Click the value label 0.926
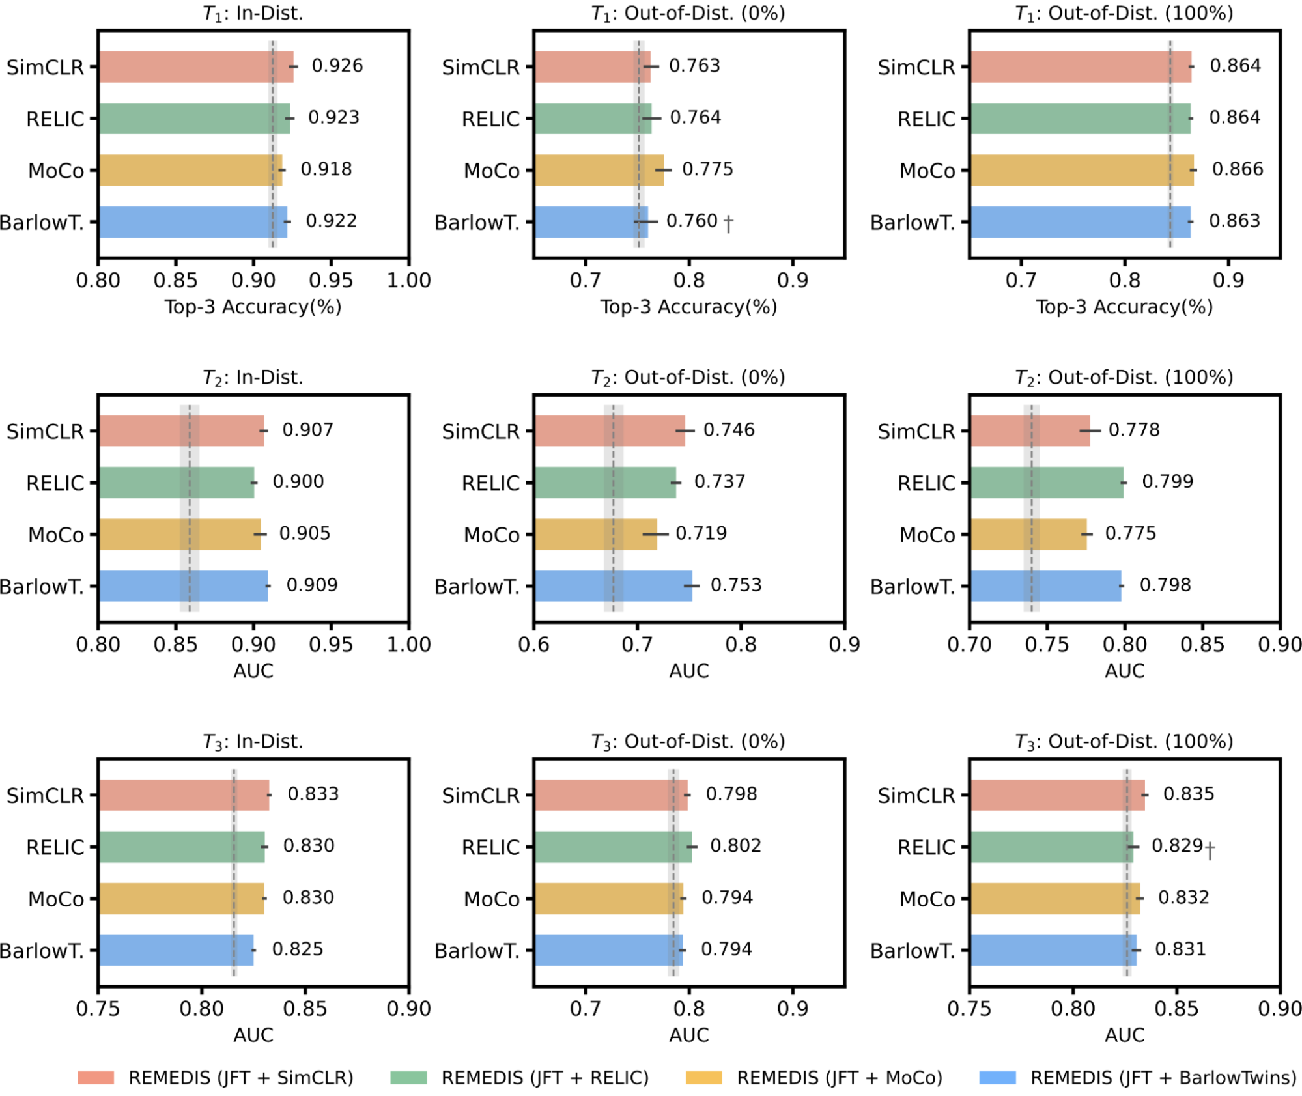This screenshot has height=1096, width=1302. click(337, 66)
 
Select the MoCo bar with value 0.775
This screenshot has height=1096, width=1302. click(599, 170)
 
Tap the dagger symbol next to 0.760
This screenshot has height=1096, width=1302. click(728, 223)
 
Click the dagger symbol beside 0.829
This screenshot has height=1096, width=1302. click(1210, 850)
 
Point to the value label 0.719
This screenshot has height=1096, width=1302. click(701, 533)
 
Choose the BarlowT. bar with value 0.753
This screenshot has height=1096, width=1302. click(613, 585)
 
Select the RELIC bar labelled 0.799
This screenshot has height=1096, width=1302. click(1046, 482)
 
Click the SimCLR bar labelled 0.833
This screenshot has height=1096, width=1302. click(184, 794)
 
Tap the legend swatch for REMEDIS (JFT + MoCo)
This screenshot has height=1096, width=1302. click(703, 1077)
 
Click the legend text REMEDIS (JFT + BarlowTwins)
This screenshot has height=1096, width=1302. click(1163, 1077)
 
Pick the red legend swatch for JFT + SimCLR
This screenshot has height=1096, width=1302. click(96, 1077)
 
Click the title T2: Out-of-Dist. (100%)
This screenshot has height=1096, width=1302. click(1124, 377)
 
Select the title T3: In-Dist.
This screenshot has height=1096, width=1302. click(253, 741)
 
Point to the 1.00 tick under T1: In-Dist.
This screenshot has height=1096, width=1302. click(409, 281)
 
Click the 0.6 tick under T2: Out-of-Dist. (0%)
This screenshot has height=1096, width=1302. click(534, 645)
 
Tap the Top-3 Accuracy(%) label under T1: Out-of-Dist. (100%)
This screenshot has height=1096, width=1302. click(1124, 307)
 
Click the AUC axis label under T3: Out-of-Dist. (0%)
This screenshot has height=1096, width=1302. click(688, 1035)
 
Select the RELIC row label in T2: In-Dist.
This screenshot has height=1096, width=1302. click(55, 483)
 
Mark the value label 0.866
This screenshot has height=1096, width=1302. click(1237, 169)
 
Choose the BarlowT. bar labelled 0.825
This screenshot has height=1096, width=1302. click(176, 950)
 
